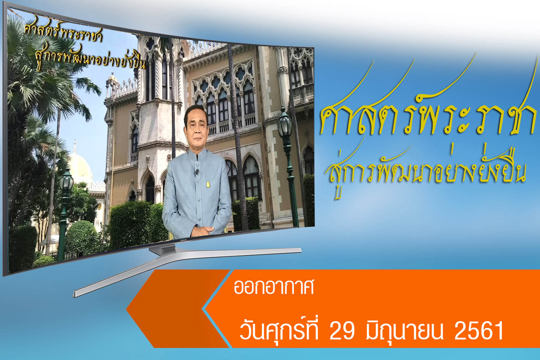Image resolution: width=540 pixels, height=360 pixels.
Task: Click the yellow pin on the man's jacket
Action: (208, 185)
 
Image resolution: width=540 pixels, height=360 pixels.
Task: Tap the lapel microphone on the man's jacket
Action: (197, 172)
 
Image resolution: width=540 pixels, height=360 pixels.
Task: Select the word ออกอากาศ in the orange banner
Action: (274, 287)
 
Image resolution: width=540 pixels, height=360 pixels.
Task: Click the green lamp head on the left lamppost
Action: (66, 181)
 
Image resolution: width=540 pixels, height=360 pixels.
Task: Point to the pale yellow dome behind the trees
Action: (80, 166)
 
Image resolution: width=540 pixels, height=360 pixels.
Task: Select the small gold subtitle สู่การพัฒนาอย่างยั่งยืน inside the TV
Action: (90, 57)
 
